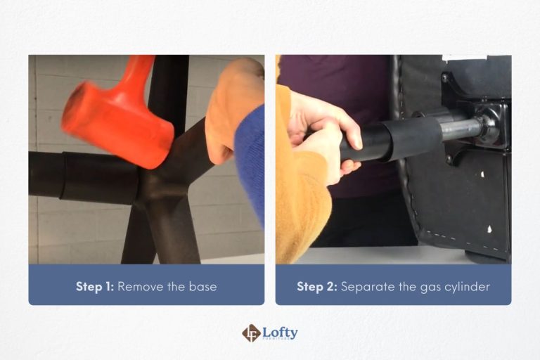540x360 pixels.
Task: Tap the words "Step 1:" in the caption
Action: click(94, 287)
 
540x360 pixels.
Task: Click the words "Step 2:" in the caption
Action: click(316, 287)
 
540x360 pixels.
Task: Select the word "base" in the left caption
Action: click(202, 287)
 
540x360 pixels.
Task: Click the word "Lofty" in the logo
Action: click(281, 331)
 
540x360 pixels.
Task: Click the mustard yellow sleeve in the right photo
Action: click(299, 204)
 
